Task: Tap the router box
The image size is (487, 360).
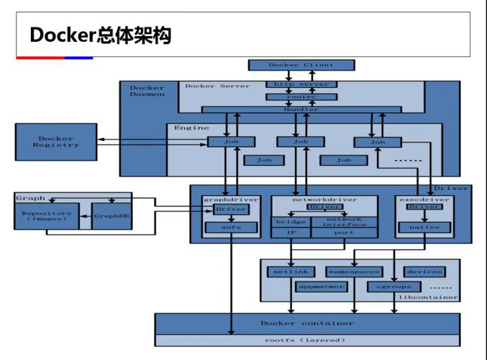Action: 301,96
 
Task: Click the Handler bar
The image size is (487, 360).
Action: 301,109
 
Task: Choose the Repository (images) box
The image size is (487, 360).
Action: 46,216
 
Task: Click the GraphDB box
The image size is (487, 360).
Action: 111,215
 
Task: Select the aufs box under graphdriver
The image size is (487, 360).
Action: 230,228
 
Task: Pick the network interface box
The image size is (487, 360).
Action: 345,222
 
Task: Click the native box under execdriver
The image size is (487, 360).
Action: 424,228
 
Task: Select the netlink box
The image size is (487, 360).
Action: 291,271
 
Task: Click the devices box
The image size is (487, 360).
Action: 423,271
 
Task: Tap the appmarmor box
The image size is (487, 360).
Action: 321,286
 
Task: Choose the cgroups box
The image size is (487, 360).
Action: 388,286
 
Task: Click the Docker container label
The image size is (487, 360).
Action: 306,323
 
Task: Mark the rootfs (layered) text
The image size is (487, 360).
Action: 306,340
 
